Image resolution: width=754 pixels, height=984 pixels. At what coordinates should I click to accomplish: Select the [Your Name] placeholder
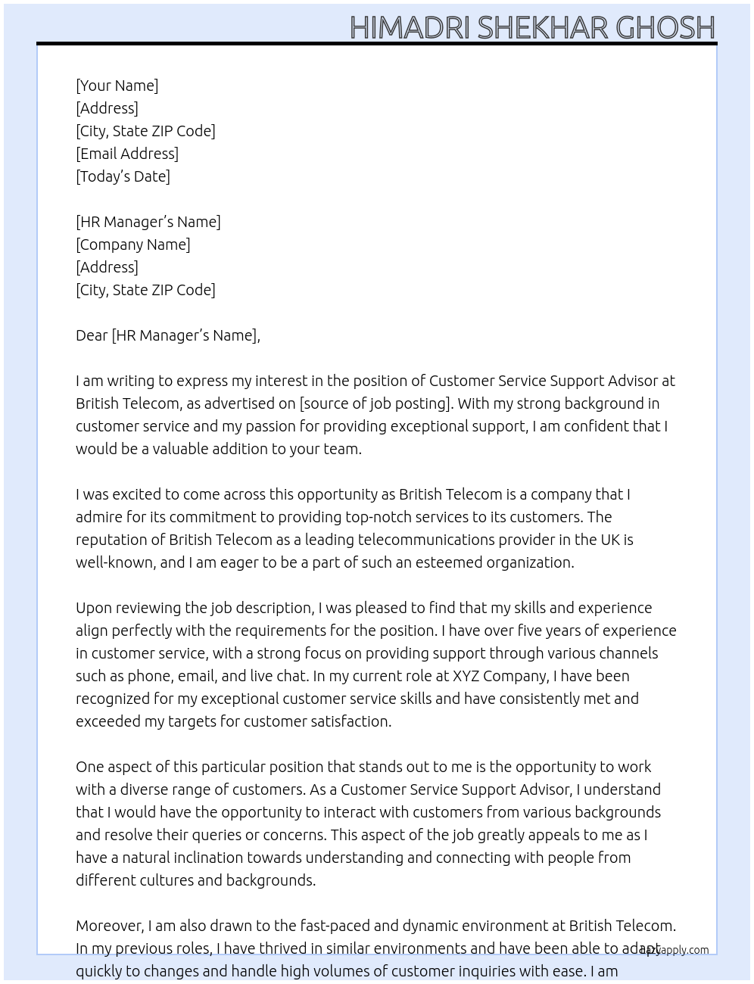click(x=117, y=86)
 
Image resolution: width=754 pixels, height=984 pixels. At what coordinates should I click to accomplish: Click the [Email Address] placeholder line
click(x=127, y=154)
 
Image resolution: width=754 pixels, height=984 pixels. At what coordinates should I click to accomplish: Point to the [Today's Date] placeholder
click(x=123, y=176)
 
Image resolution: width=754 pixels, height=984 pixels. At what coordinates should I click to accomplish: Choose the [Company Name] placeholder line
click(x=133, y=244)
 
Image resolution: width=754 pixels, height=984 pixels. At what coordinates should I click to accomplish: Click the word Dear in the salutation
click(x=92, y=335)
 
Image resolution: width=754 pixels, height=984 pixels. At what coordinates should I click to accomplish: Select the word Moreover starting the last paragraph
click(x=110, y=926)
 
